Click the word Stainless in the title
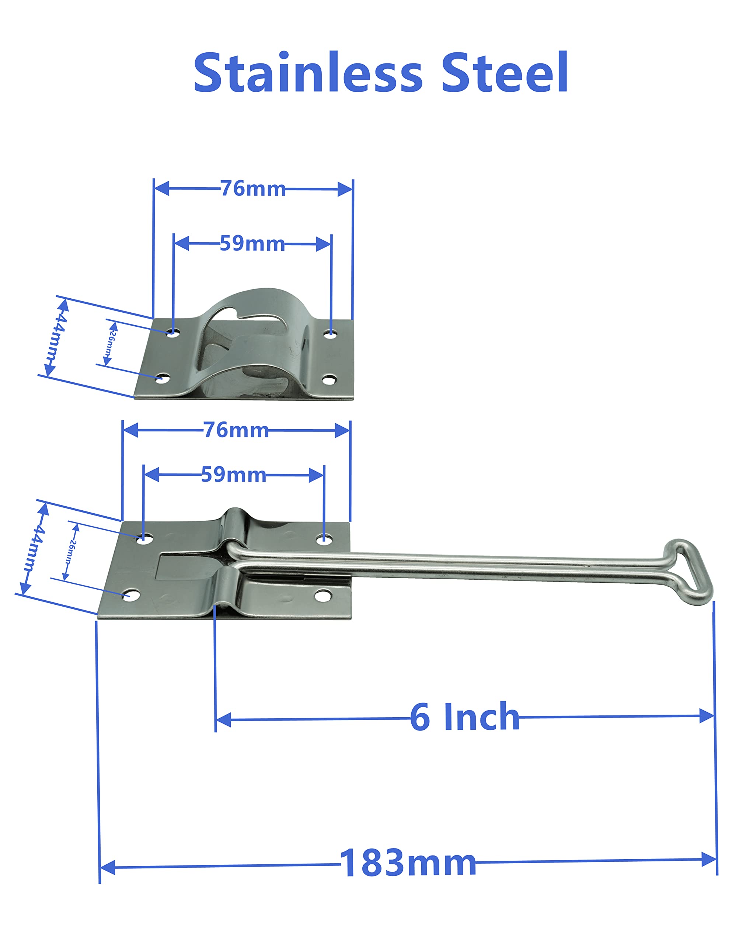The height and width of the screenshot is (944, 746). pyautogui.click(x=308, y=73)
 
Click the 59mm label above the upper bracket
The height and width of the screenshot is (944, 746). pyautogui.click(x=252, y=243)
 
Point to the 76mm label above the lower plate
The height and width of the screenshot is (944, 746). pyautogui.click(x=236, y=430)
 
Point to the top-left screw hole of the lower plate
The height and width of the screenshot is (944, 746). pyautogui.click(x=144, y=538)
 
